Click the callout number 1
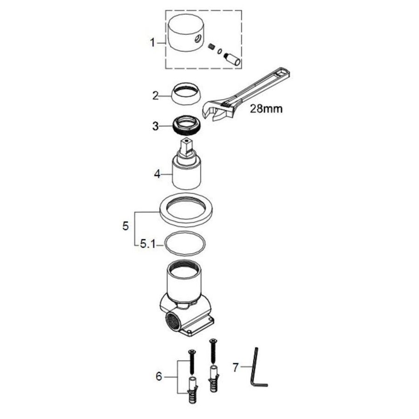click(x=152, y=43)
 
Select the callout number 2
click(x=155, y=95)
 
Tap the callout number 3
click(x=155, y=126)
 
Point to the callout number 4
click(x=157, y=174)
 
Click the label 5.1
click(x=148, y=244)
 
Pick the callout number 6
click(x=159, y=377)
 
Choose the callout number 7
click(x=235, y=367)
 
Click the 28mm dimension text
click(x=266, y=109)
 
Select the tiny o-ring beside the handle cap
click(x=219, y=51)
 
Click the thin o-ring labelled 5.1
click(x=186, y=243)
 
